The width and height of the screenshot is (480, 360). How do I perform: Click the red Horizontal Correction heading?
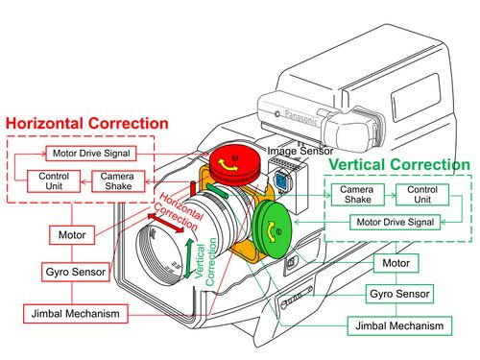click(87, 123)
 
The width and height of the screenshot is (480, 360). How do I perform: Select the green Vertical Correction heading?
click(399, 164)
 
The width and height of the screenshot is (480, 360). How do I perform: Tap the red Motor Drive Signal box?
click(91, 154)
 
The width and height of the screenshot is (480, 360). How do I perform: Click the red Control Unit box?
click(54, 181)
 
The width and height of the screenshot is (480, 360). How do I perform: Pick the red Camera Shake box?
click(118, 181)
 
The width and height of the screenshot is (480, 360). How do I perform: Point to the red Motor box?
click(72, 235)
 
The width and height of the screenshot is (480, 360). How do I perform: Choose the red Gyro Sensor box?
click(76, 272)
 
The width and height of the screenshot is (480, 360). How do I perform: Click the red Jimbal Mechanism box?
click(76, 314)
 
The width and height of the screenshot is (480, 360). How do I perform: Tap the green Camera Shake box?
click(357, 194)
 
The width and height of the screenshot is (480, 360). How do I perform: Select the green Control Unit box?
click(422, 194)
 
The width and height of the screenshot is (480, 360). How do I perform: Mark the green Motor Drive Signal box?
click(395, 222)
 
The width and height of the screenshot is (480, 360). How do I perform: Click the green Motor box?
click(396, 263)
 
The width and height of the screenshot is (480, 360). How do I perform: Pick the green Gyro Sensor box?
click(399, 294)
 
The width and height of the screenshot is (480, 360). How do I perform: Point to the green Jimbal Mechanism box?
click(399, 326)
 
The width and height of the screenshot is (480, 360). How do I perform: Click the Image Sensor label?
click(300, 151)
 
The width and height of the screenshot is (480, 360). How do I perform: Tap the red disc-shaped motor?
click(234, 164)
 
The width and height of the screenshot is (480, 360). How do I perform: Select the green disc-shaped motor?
click(273, 229)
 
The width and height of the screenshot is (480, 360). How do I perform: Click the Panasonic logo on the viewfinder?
click(300, 117)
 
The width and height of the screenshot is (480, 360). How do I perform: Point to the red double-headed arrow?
click(166, 223)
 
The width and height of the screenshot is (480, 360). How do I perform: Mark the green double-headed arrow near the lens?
click(189, 258)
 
